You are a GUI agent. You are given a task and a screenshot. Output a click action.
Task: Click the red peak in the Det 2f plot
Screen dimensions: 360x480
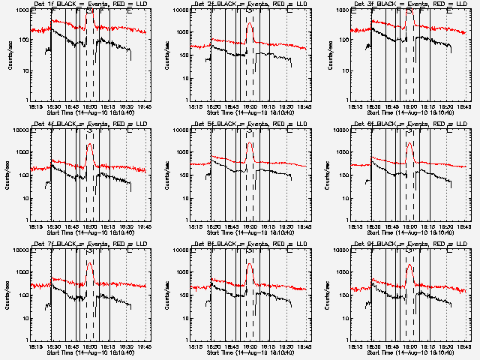coord(250,23)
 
